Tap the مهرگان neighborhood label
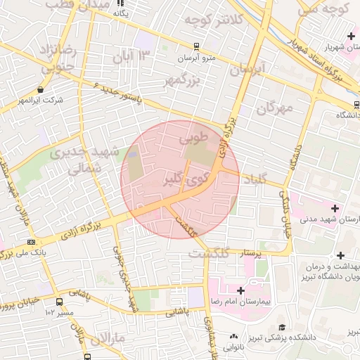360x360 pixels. point(274,108)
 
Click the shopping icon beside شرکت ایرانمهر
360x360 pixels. point(41,90)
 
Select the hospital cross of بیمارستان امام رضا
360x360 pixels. point(240,290)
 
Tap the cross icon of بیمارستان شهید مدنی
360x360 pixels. point(334,209)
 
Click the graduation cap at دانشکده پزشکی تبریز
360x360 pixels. point(282,327)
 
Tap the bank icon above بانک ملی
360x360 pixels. point(30,240)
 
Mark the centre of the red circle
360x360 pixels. point(180,180)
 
